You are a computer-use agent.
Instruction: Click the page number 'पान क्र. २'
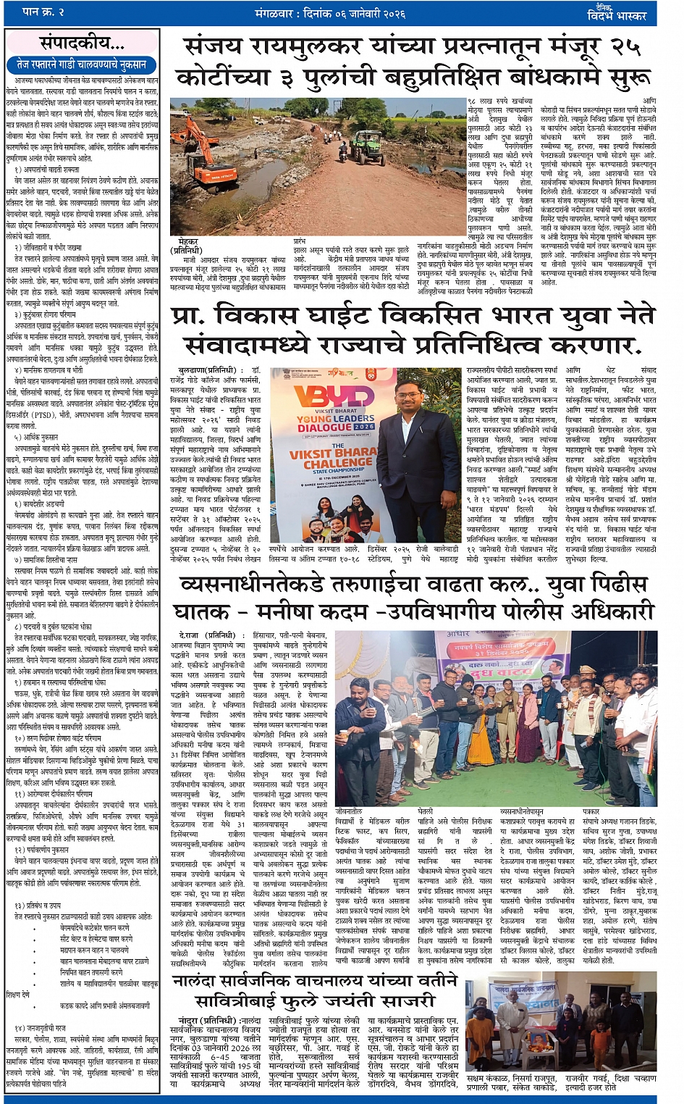pyautogui.click(x=43, y=12)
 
